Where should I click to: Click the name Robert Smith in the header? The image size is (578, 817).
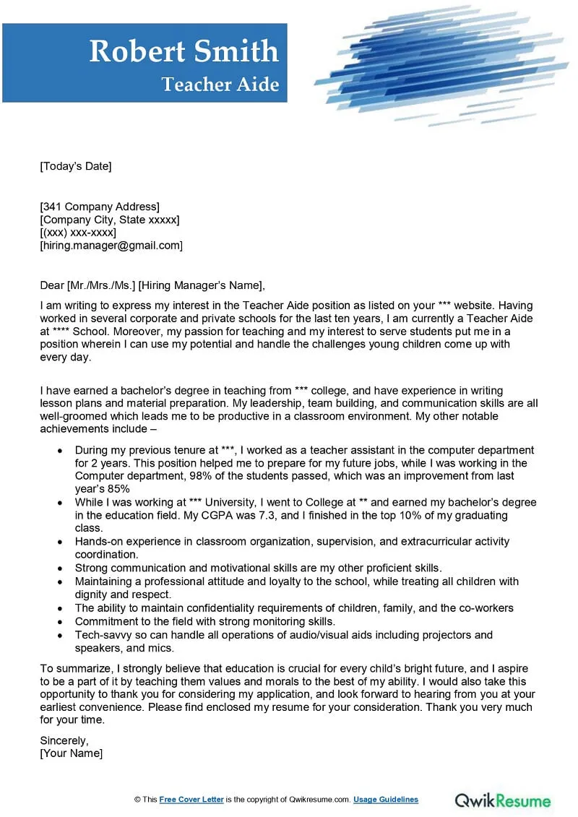pos(184,51)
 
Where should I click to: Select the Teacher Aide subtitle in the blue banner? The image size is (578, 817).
pos(220,85)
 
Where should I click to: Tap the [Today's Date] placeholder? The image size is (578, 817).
pos(76,166)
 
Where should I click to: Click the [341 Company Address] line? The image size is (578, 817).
pos(100,207)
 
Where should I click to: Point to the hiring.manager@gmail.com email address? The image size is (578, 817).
pos(111,246)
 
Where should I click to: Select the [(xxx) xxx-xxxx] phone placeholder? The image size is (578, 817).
pos(78,233)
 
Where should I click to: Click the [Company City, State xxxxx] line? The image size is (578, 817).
pos(110,220)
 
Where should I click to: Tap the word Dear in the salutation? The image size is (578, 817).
pos(52,285)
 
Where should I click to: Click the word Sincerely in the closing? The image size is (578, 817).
pos(64,740)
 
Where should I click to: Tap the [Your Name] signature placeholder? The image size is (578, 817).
pos(71,753)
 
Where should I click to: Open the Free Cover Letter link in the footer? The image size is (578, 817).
pos(191,800)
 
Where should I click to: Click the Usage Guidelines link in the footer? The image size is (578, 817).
pos(386,800)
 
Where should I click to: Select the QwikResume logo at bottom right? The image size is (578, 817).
pos(502,800)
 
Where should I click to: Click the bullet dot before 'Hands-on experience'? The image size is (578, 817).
pos(59,542)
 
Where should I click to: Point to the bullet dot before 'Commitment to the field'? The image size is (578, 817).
pos(59,622)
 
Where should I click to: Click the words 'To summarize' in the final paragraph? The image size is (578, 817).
pos(70,667)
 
